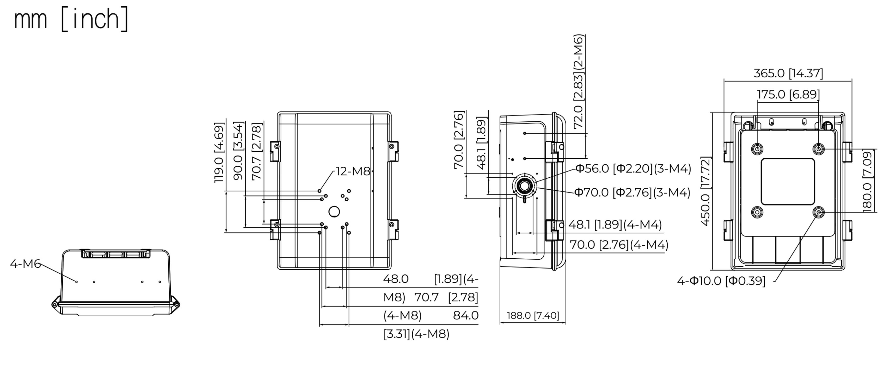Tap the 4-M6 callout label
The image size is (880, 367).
click(x=25, y=264)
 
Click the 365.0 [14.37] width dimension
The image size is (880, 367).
click(x=788, y=73)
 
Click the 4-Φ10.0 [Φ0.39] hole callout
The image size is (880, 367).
click(x=721, y=281)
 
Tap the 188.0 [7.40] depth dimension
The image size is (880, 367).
click(x=533, y=315)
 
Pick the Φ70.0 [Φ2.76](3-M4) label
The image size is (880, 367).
click(x=632, y=192)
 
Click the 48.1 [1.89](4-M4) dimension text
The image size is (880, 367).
click(x=615, y=225)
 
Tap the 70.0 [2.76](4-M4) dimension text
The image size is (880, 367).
click(x=619, y=245)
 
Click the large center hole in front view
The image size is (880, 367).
click(x=334, y=212)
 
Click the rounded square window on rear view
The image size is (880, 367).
click(x=788, y=182)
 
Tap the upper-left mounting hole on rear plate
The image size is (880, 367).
click(x=757, y=149)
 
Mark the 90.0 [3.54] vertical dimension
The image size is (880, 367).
click(x=238, y=151)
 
